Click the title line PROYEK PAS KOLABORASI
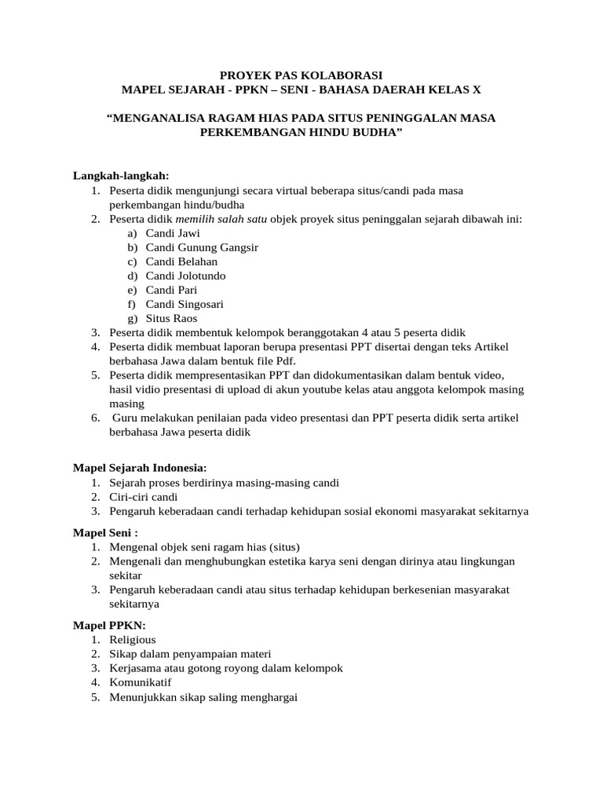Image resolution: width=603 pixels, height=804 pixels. [301, 75]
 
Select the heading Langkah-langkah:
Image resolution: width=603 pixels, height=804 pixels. [121, 176]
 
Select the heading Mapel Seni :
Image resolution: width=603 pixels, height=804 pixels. [105, 532]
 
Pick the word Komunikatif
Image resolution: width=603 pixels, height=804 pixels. [141, 682]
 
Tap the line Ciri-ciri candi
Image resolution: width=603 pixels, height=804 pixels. [144, 497]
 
